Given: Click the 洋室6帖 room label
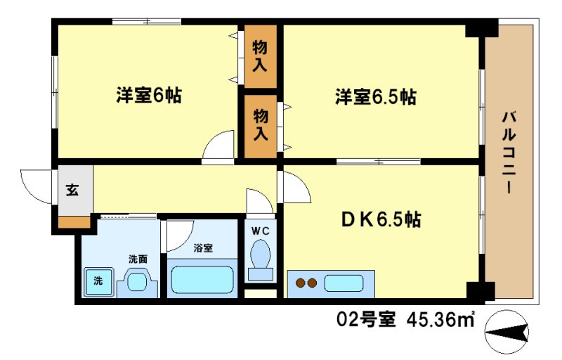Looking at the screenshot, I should [148, 96].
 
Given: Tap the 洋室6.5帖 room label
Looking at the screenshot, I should [375, 97].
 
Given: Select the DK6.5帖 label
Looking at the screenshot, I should [382, 220].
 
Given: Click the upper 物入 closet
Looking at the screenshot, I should [260, 56].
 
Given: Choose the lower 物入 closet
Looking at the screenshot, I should [260, 124].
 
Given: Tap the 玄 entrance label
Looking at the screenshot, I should [72, 189].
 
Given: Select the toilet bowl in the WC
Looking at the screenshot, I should [261, 255].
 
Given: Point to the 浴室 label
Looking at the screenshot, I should [203, 247].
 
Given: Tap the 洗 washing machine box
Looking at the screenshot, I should [98, 281].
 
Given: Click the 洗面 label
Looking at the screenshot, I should [137, 259].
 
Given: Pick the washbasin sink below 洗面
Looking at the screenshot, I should [137, 283].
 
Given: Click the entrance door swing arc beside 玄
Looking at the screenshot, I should [35, 184].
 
